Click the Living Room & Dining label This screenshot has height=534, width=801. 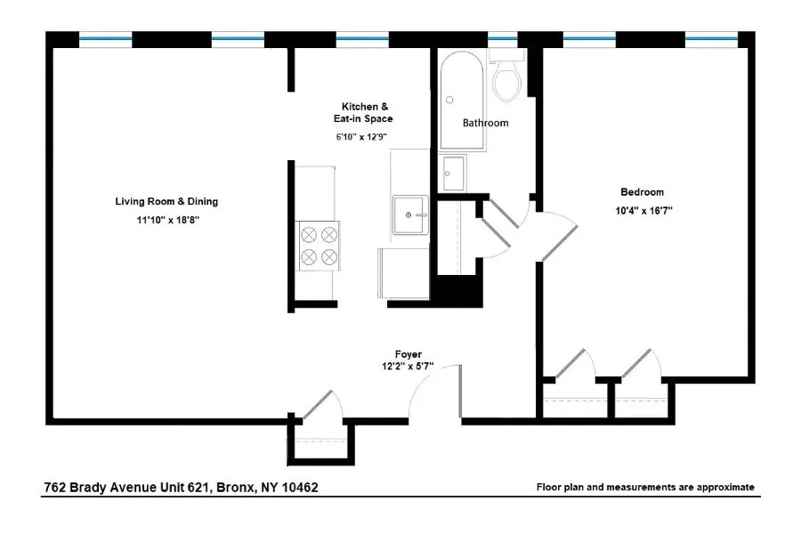click(166, 201)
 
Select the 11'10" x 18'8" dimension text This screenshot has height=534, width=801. click(166, 219)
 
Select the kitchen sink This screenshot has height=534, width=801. click(409, 214)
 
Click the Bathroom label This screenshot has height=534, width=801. click(485, 123)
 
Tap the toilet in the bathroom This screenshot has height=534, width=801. click(507, 78)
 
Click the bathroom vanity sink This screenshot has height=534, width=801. click(454, 172)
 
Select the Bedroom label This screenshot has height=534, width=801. click(642, 192)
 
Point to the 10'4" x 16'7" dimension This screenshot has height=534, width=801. click(642, 211)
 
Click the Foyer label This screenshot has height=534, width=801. click(409, 353)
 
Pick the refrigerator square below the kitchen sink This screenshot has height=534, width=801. click(403, 273)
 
